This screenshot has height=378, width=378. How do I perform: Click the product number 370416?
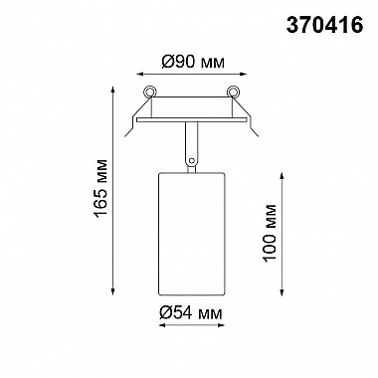tap(324, 25)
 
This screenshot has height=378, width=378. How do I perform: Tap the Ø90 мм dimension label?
tap(193, 62)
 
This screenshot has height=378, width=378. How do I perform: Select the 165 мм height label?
tap(100, 188)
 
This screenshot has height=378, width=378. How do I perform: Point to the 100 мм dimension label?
tap(270, 233)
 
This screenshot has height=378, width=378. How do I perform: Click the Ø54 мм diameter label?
tap(190, 312)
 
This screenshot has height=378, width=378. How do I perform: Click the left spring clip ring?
tap(149, 92)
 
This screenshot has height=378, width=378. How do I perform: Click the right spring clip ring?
tap(234, 92)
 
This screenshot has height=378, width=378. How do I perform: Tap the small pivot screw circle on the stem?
tap(191, 161)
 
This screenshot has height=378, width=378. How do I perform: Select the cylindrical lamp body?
tap(191, 234)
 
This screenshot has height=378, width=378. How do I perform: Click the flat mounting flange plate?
tap(191, 119)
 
